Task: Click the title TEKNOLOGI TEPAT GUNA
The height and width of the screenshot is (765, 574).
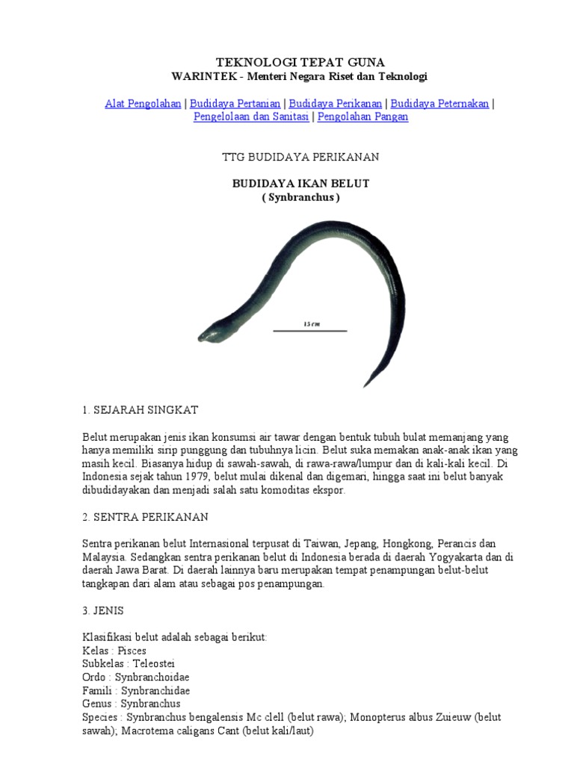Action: [300, 62]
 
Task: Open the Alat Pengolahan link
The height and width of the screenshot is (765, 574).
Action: [143, 104]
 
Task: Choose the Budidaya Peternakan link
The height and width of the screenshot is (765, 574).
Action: [439, 104]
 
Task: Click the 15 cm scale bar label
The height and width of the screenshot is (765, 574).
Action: [309, 323]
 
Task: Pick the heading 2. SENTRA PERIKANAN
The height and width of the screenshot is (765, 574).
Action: [145, 516]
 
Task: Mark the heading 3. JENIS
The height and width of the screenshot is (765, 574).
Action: [104, 610]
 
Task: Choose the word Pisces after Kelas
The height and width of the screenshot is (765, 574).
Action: [132, 650]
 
